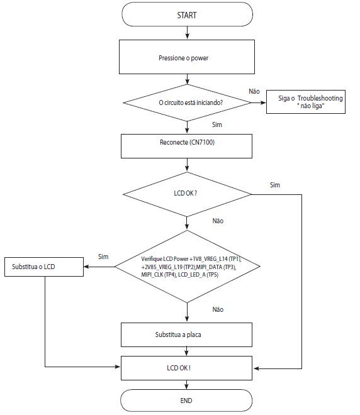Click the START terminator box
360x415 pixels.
[x=187, y=14]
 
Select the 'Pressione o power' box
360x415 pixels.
[x=187, y=57]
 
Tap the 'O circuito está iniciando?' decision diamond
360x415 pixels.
[x=187, y=102]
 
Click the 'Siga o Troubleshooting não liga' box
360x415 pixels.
[x=306, y=102]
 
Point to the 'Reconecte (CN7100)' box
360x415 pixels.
[x=186, y=146]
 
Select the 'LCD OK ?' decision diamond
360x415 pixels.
[x=187, y=194]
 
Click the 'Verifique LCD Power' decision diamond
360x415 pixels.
[x=187, y=267]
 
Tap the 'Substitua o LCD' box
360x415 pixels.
[x=44, y=267]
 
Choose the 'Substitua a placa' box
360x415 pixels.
[x=186, y=335]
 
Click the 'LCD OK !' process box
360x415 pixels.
[x=186, y=368]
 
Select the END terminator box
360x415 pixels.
[x=186, y=401]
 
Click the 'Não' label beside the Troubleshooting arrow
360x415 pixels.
[x=254, y=91]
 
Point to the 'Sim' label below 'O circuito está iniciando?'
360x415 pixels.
[x=217, y=124]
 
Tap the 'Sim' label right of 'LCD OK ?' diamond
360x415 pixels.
[x=275, y=185]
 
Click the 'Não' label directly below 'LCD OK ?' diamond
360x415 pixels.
[x=218, y=221]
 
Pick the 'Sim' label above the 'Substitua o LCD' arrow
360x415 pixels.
[x=103, y=257]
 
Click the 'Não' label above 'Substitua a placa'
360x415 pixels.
[x=218, y=309]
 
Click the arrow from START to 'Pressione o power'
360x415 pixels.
[x=188, y=33]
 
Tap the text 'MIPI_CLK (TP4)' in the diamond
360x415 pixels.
[x=159, y=274]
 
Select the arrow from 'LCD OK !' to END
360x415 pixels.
[x=186, y=385]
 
